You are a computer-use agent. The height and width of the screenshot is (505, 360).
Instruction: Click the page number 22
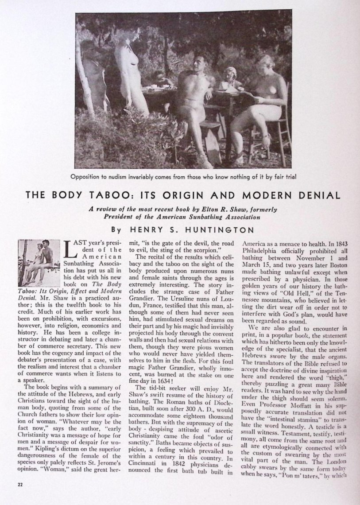[20, 484]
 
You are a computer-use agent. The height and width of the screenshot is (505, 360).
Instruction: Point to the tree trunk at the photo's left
[85, 75]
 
